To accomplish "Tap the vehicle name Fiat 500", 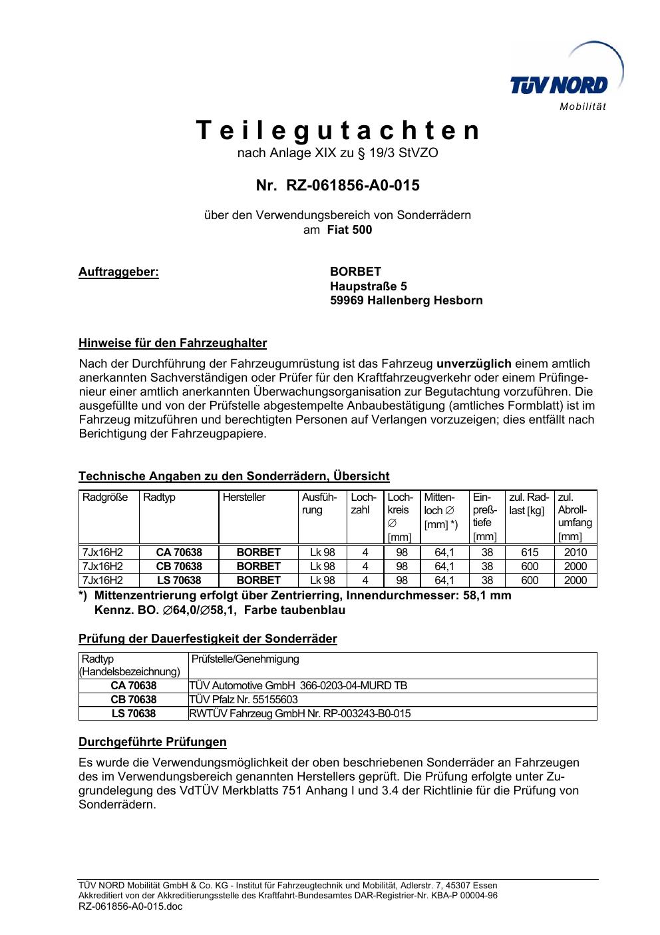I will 349,230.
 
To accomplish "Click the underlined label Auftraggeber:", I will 118,272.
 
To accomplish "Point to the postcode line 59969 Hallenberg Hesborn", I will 406,300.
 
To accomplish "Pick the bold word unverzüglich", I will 474,364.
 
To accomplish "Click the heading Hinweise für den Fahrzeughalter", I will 172,344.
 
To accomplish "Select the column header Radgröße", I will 105,497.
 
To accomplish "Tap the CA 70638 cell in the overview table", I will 179,552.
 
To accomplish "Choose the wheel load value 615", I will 530,552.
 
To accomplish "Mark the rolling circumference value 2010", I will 576,552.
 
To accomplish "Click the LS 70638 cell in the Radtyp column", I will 179,580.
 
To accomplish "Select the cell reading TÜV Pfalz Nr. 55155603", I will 244,699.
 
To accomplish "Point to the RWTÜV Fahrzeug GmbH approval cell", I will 300,713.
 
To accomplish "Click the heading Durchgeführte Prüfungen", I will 152,742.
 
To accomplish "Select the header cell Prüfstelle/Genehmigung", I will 246,659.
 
